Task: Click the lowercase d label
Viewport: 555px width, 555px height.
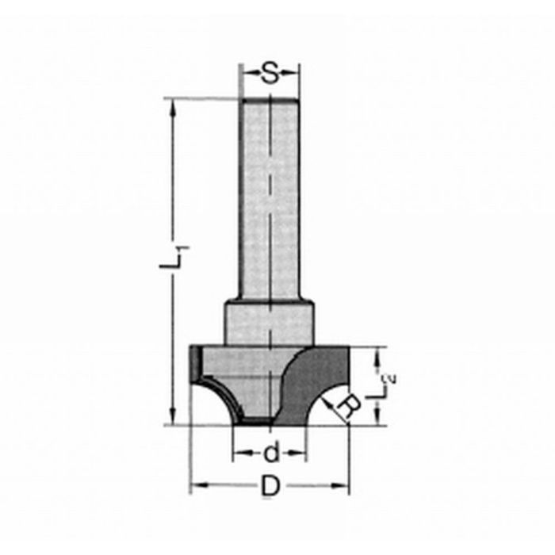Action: [x=270, y=454]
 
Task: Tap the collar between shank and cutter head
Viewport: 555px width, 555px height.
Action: [x=270, y=320]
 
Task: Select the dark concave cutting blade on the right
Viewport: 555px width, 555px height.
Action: [x=317, y=381]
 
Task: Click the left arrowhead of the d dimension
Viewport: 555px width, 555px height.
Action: [x=238, y=454]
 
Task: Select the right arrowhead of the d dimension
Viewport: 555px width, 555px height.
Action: [x=300, y=454]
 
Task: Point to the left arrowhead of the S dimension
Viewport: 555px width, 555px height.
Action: [x=245, y=75]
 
